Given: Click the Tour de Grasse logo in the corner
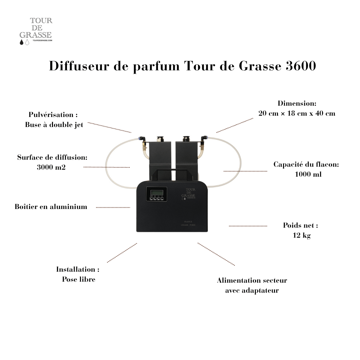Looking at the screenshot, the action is click(36, 31).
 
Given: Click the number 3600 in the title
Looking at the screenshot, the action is click(301, 66).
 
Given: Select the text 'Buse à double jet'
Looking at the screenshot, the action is click(54, 125).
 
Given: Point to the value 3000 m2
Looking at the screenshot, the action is click(51, 167).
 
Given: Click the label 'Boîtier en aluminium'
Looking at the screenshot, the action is click(51, 207).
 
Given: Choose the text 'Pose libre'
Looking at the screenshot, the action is click(79, 279).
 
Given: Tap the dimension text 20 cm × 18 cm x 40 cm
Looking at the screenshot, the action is click(297, 113).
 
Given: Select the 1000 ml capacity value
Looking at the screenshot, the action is click(308, 174).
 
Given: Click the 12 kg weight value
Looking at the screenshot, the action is click(301, 235).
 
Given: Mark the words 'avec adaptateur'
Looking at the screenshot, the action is click(252, 291).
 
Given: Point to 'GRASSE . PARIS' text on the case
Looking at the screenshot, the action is click(188, 225).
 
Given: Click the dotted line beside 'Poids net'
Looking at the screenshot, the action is click(248, 226).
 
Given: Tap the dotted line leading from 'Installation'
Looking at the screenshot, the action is click(122, 253).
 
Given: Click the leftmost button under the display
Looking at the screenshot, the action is click(151, 199).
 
